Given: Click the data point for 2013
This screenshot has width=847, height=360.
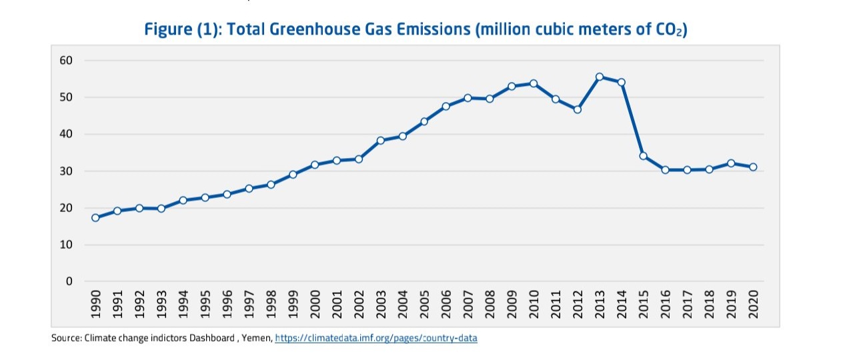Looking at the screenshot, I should click(600, 77).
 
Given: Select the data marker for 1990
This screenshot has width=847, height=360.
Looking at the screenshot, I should click(95, 217).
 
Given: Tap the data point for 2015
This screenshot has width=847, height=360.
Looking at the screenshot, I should click(643, 156).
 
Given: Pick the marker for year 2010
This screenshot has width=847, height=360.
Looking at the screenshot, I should click(534, 83).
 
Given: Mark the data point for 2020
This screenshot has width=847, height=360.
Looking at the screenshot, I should click(753, 167).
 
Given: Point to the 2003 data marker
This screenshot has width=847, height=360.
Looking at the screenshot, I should click(381, 141).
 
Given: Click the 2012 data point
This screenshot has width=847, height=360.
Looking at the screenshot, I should click(578, 109).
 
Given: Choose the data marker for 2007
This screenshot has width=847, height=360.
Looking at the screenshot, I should click(468, 97).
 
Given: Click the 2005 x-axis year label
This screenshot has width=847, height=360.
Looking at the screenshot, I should click(425, 304).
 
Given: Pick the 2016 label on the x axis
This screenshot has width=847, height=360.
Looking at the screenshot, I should click(666, 304).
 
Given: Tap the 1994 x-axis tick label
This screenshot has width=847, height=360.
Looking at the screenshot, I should click(183, 304).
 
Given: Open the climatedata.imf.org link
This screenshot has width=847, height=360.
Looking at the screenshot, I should click(375, 338).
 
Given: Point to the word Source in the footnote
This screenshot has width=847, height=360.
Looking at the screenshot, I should click(66, 338).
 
